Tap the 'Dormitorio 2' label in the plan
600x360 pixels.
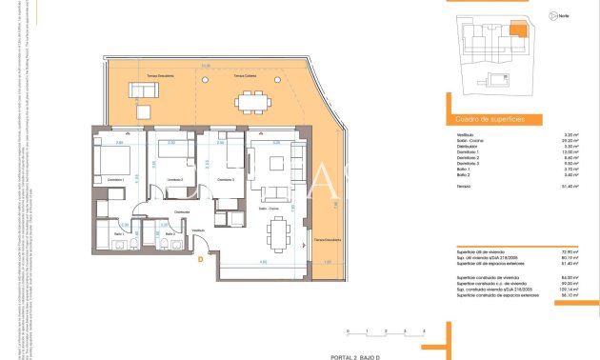[173, 179]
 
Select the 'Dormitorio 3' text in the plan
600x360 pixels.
[225, 179]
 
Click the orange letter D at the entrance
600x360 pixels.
[201, 257]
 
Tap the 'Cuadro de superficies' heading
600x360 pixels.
[484, 119]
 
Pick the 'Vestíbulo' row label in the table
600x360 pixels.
[466, 135]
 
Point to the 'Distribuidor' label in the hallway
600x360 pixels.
[182, 211]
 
